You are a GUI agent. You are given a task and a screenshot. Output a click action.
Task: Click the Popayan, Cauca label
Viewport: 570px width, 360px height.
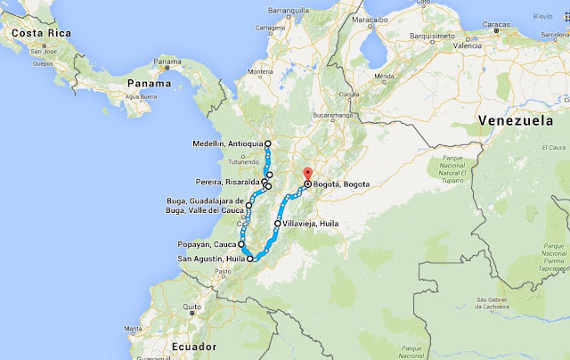click(208, 242)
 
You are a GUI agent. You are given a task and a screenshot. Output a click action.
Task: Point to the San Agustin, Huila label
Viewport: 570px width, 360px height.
click(211, 259)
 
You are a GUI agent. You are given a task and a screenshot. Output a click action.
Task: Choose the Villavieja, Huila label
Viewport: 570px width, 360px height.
click(313, 224)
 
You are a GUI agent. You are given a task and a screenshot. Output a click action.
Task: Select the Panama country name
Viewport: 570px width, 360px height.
click(149, 86)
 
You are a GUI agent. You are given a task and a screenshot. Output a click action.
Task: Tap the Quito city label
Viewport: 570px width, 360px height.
click(191, 307)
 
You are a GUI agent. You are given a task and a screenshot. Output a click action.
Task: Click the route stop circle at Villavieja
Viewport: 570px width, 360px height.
click(278, 224)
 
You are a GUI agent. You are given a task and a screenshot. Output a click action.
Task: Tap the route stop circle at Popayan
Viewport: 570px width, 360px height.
click(241, 242)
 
